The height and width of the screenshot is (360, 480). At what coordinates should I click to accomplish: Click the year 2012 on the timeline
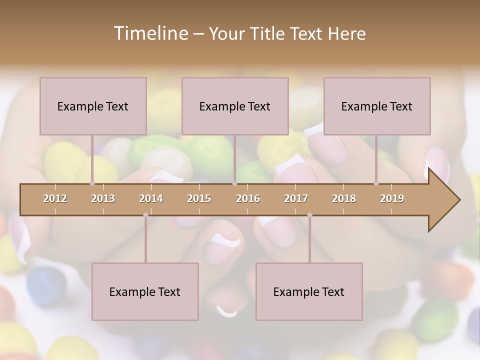55,198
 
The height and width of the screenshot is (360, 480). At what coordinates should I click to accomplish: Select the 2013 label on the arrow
103,198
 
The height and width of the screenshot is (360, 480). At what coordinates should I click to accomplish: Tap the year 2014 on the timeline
151,198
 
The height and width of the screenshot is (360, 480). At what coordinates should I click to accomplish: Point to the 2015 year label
199,198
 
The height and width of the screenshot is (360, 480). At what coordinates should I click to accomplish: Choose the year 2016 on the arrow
248,198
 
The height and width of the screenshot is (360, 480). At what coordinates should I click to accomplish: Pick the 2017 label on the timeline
296,198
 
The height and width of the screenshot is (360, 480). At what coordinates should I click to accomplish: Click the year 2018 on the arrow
344,198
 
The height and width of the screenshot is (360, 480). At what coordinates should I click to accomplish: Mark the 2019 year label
392,198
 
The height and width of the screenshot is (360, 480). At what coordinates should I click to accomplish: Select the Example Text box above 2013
93,106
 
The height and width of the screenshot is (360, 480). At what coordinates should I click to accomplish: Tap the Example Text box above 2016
235,106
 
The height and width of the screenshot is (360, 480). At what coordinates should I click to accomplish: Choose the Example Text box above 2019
377,106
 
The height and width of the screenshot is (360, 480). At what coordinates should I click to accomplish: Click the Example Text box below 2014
145,291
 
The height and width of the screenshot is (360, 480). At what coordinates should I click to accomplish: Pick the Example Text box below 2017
309,291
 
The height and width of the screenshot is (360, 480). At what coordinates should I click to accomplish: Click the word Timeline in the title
149,33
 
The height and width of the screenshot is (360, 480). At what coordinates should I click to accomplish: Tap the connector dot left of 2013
92,183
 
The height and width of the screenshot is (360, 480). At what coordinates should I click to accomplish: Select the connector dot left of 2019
376,183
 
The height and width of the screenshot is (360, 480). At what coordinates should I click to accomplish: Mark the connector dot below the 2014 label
145,215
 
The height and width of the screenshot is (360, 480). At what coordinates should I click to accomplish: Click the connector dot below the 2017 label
309,215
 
